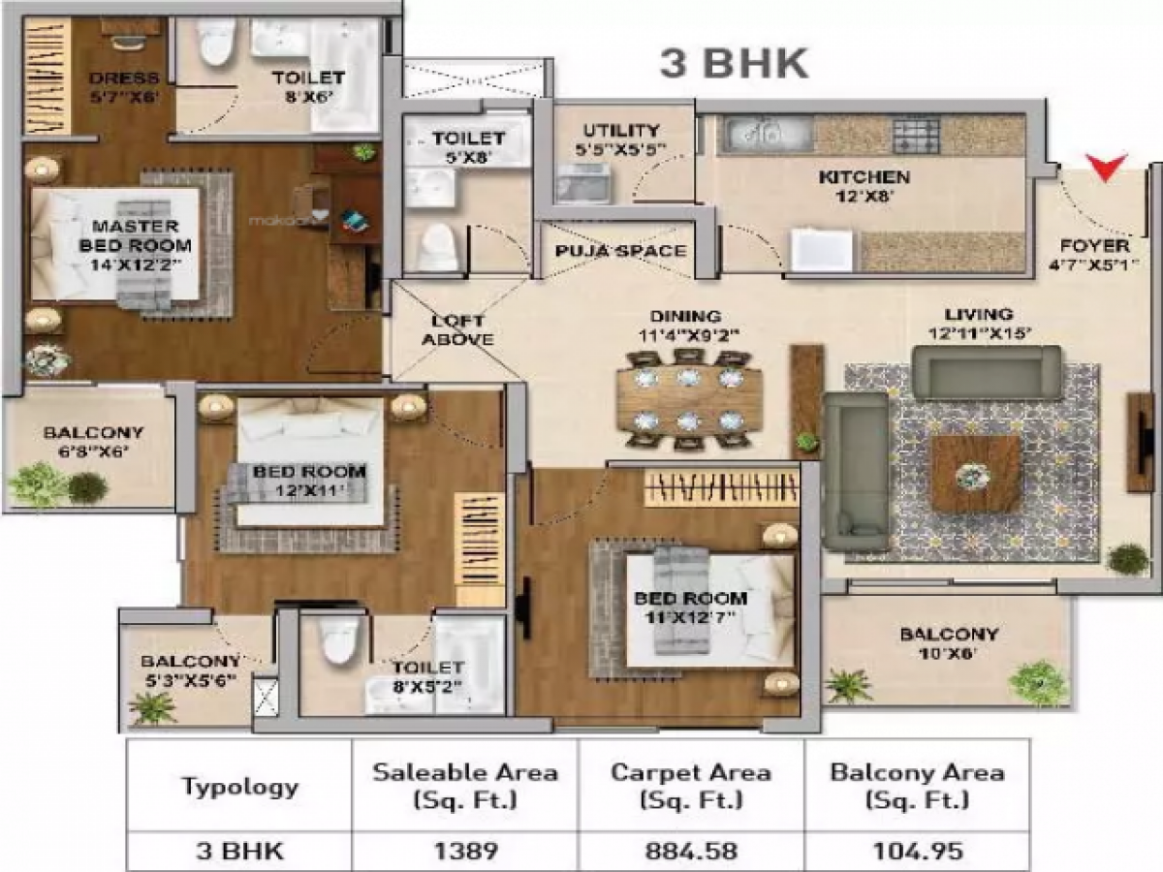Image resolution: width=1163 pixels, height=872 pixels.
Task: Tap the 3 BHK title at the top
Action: (x=734, y=63)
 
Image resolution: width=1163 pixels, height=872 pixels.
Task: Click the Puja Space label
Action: (x=620, y=251)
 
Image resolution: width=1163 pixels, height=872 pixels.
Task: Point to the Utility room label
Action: (x=621, y=140)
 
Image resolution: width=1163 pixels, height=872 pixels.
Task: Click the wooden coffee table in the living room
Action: (x=975, y=474)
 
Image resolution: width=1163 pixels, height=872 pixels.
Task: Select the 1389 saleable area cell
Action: (x=464, y=852)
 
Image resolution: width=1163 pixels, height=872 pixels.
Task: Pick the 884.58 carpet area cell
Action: (x=690, y=852)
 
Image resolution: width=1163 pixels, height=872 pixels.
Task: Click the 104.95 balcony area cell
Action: (x=916, y=852)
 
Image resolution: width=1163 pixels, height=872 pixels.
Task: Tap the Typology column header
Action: (x=239, y=787)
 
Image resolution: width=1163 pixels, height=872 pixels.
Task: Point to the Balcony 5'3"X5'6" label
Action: (x=189, y=671)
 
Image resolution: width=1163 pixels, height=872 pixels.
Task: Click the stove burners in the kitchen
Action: (x=916, y=134)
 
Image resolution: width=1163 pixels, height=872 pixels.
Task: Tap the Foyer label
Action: (x=1094, y=255)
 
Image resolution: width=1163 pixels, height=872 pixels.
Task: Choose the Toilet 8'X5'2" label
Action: (x=427, y=677)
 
